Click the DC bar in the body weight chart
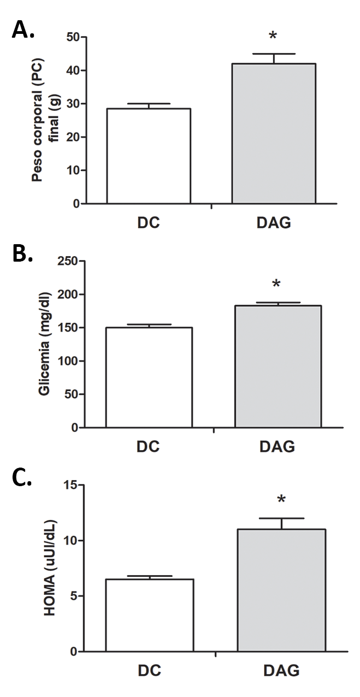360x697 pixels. pos(149,156)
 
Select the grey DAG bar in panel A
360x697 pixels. pos(274,134)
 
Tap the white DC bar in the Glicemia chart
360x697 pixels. pos(149,377)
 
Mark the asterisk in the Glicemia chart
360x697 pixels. pos(276,285)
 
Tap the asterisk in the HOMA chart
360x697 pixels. pos(281,500)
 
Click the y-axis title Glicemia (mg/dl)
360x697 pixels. pos(46,344)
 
